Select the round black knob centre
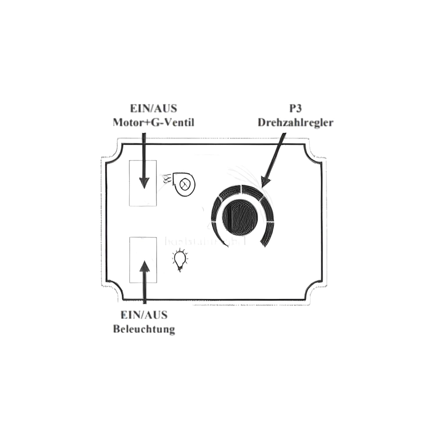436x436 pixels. pos(240,217)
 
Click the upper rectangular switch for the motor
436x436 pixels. pos(143,183)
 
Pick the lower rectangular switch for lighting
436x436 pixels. pos(143,260)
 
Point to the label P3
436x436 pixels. pos(295,108)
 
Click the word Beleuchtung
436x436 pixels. pos(144,329)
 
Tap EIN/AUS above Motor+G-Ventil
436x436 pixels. pos(153,108)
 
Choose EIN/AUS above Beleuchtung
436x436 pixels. pos(144,315)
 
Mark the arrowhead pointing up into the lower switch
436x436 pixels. pos(144,266)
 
